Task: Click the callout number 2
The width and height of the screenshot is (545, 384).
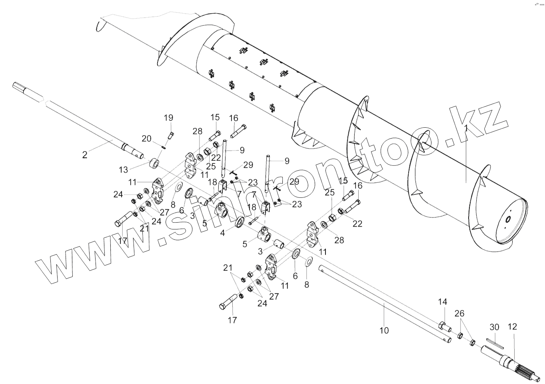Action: (84, 155)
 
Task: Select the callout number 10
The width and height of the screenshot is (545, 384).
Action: (384, 331)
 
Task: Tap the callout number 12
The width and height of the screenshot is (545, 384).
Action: (512, 327)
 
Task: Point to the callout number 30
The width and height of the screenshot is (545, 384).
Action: (495, 327)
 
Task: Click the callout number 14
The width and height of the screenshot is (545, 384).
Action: (442, 302)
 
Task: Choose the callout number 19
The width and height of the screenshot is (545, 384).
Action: (168, 118)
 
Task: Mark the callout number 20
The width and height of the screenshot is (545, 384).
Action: (146, 139)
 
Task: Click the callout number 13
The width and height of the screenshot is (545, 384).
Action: (123, 170)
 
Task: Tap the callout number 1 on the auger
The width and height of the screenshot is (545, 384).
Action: (466, 128)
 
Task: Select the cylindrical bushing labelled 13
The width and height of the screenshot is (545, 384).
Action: (154, 164)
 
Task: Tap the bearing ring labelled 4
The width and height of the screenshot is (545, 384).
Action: (240, 222)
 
